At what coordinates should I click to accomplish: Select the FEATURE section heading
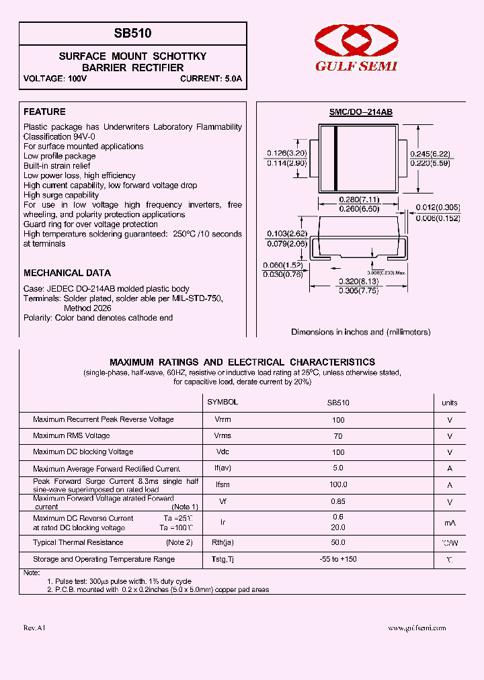click(44, 112)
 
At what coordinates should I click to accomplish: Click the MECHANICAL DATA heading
click(67, 273)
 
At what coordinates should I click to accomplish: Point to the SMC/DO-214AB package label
click(360, 113)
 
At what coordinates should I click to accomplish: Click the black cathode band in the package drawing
click(335, 159)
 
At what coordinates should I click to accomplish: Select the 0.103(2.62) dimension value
click(286, 234)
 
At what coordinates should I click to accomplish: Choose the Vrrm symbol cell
click(223, 419)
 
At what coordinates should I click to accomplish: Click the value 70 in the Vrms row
click(337, 436)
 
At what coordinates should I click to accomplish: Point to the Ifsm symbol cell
click(223, 484)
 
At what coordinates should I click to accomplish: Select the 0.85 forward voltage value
click(337, 501)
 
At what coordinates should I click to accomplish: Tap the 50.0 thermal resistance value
click(337, 542)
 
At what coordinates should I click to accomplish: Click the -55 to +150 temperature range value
click(337, 559)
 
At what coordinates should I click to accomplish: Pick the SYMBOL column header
click(223, 402)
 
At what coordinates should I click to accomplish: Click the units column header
click(449, 402)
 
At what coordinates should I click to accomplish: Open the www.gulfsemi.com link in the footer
click(417, 628)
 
